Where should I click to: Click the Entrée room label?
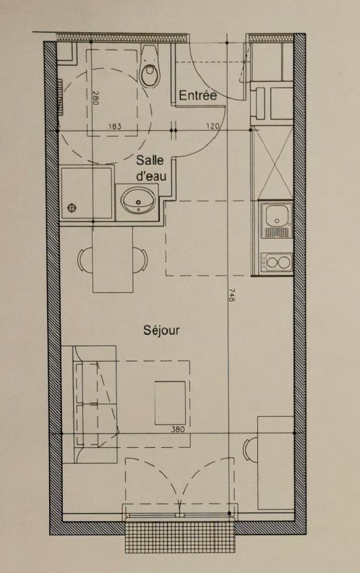pos(197,95)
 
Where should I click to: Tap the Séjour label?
pos(161,331)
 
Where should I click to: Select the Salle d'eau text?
pos(150,168)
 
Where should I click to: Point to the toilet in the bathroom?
pos(150,66)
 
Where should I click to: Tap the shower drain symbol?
pos(72,208)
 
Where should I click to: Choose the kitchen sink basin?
pos(277,216)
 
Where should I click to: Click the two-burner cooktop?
pos(276,263)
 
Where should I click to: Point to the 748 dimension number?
pos(231,295)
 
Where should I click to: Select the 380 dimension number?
pos(178,429)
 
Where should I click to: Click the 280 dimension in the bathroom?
pos(95,98)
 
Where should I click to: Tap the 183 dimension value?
pos(115,127)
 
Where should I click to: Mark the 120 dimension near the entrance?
pos(213,127)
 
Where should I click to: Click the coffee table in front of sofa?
pos(170,403)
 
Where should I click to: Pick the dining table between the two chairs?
pos(113,260)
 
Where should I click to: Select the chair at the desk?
pos(249,449)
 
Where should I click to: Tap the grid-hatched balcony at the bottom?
pos(180,536)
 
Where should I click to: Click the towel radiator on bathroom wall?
pos(60,98)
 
